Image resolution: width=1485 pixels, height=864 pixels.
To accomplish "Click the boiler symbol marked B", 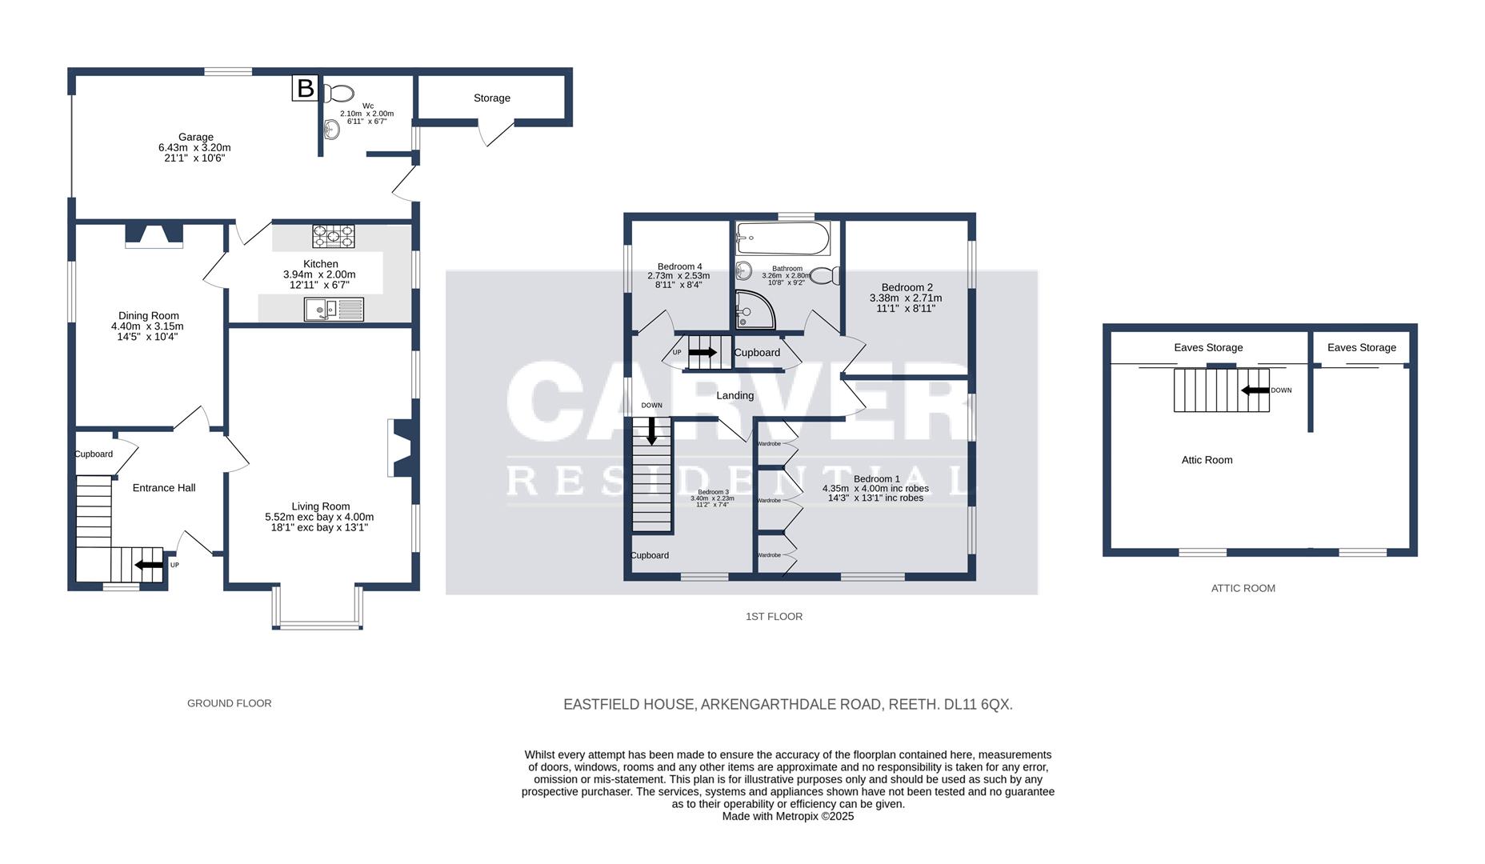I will pyautogui.click(x=305, y=88).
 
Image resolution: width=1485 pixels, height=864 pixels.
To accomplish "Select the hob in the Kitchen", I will pyautogui.click(x=334, y=236).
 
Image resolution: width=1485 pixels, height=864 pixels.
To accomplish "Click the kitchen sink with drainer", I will pyautogui.click(x=334, y=309).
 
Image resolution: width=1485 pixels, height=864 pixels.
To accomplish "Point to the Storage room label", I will pyautogui.click(x=491, y=98).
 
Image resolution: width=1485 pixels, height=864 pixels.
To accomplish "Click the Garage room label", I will pyautogui.click(x=195, y=138).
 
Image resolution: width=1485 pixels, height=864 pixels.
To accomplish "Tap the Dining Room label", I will pyautogui.click(x=149, y=316).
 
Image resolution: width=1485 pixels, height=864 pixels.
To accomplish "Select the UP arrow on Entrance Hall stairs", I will pyautogui.click(x=149, y=565).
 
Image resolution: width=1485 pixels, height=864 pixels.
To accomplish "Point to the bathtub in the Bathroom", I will pyautogui.click(x=783, y=238).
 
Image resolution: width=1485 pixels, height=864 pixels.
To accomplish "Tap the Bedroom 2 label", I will pyautogui.click(x=907, y=288).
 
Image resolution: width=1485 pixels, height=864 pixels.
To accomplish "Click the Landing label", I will pyautogui.click(x=734, y=395).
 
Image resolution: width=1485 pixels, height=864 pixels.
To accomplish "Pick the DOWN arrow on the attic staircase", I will pyautogui.click(x=1256, y=390).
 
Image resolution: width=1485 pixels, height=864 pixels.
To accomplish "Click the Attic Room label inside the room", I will pyautogui.click(x=1207, y=460).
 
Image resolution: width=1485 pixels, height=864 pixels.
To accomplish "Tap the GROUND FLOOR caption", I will pyautogui.click(x=230, y=703).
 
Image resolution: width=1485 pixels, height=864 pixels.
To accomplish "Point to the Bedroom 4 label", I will pyautogui.click(x=679, y=266).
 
